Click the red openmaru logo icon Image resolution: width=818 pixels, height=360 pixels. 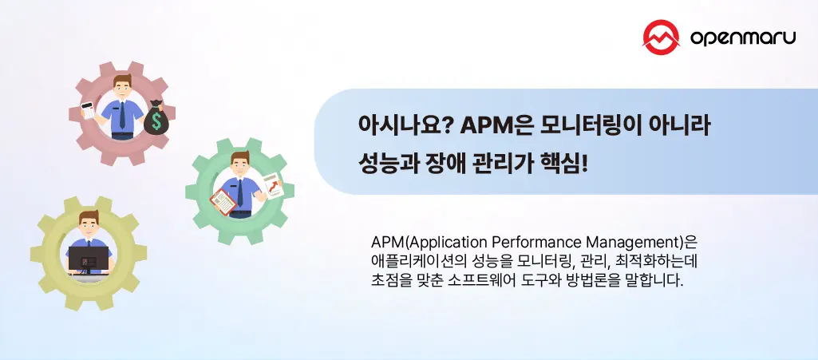click(x=660, y=36)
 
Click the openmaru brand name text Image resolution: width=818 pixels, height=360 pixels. click(x=741, y=38)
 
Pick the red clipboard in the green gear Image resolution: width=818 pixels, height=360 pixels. click(x=223, y=200)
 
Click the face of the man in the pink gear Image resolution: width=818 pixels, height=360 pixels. click(x=122, y=87)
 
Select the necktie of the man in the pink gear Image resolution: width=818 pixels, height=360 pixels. click(x=122, y=116)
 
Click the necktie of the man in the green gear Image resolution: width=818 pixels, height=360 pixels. click(x=242, y=192)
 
